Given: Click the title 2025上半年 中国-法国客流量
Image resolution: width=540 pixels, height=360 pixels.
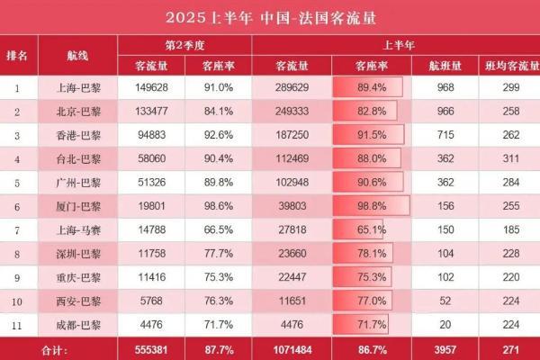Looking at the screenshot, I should (x=269, y=18).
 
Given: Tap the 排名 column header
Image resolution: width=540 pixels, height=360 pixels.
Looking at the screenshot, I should (x=17, y=54).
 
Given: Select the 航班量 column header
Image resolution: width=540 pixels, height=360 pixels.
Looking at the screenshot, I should (x=443, y=66).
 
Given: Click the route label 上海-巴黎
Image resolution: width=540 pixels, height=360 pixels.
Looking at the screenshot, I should (x=77, y=88).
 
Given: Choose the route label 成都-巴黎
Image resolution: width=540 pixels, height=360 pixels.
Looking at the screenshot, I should (x=77, y=324).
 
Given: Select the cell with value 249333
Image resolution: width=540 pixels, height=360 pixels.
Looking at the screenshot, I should (x=292, y=112).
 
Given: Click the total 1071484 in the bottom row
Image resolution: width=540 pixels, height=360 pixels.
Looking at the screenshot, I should (x=292, y=347).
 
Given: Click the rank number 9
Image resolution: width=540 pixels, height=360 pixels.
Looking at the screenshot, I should (x=17, y=277).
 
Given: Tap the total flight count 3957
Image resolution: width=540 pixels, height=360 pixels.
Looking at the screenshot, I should (x=443, y=347).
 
